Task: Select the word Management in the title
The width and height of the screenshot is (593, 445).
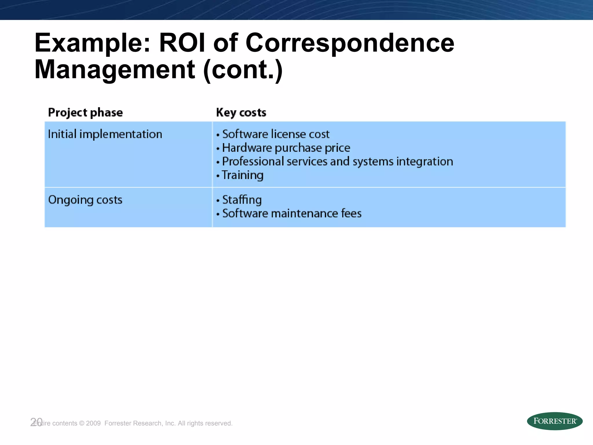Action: tap(115, 70)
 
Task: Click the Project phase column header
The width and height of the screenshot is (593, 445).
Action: tap(85, 112)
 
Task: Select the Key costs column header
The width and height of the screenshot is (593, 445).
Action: tap(241, 112)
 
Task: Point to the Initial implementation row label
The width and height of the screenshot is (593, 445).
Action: tap(105, 134)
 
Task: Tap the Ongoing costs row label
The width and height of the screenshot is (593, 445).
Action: tap(85, 200)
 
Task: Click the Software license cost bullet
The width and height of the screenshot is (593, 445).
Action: tap(276, 134)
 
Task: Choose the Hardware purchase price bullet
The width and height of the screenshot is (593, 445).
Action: tap(286, 148)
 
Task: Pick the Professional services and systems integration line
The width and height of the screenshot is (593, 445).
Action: tap(337, 161)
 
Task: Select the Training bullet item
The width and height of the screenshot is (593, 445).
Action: tap(243, 175)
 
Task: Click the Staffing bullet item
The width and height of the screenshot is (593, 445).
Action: tap(242, 200)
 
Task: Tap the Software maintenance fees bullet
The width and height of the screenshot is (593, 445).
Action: tap(292, 214)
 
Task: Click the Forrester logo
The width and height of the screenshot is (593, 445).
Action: tap(554, 421)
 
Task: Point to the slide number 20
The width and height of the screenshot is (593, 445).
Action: tap(36, 422)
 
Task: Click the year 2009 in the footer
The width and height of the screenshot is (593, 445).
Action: tap(93, 423)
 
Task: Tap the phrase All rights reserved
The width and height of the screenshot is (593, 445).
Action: tap(205, 423)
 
